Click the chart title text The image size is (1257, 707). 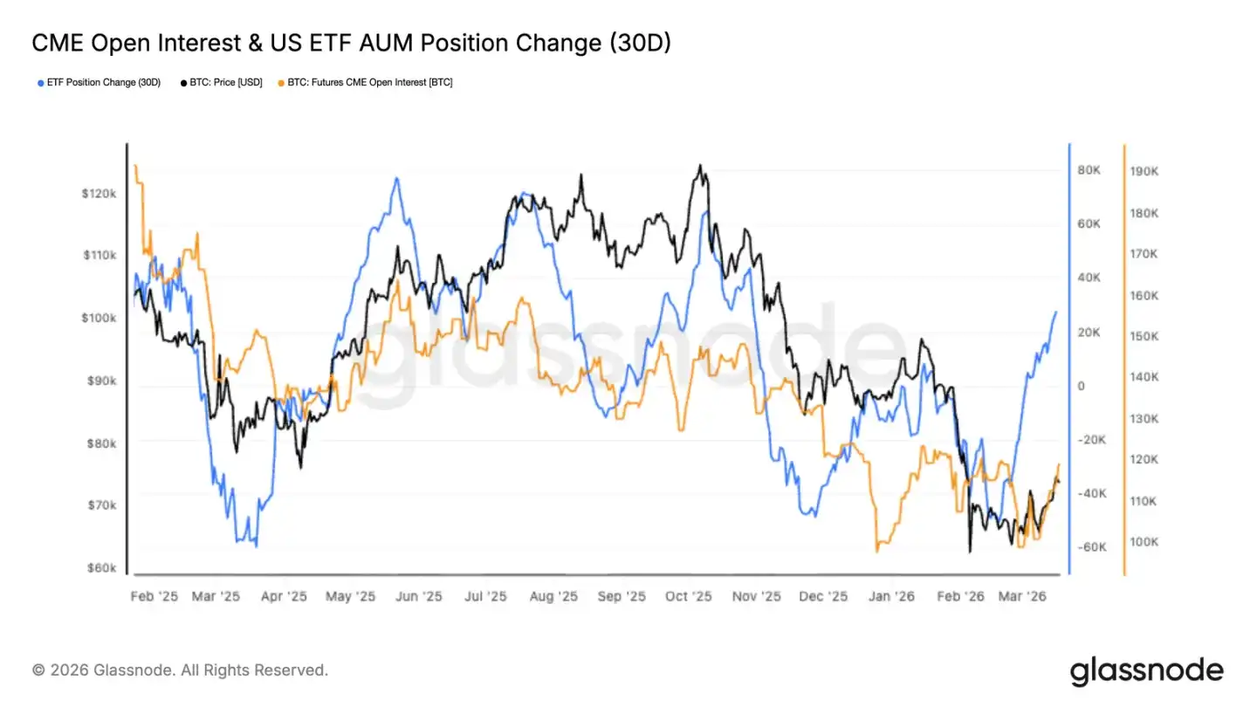coord(351,43)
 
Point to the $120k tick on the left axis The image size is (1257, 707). coord(98,193)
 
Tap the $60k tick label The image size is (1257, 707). coord(100,567)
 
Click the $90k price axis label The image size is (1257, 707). coord(100,381)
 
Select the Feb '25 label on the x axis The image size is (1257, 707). coord(154,597)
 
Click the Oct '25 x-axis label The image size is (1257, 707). coord(689,597)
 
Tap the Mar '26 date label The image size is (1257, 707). coord(1022,597)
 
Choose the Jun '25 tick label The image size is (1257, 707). coord(420,597)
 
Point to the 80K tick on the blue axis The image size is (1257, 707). coord(1089,170)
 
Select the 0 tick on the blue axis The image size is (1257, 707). coord(1081,386)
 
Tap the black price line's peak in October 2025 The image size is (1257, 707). coord(699,165)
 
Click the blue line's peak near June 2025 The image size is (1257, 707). coord(396,178)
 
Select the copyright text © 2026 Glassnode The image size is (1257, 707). coord(180,670)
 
